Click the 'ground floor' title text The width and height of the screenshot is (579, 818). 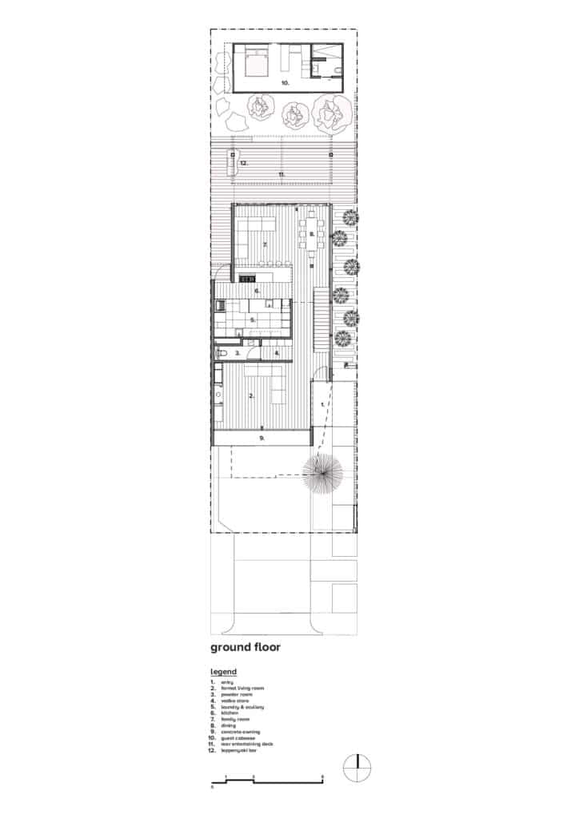245,646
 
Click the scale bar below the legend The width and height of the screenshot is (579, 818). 267,778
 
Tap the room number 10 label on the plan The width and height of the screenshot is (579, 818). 284,82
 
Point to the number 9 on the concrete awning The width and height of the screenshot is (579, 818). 262,438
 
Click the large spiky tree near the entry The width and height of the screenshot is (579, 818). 322,475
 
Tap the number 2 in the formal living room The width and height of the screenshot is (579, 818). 252,395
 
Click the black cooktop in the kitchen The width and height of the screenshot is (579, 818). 247,278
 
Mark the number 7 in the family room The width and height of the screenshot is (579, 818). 264,244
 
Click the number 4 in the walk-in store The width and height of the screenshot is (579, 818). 276,352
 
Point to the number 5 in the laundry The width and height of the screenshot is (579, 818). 252,320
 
